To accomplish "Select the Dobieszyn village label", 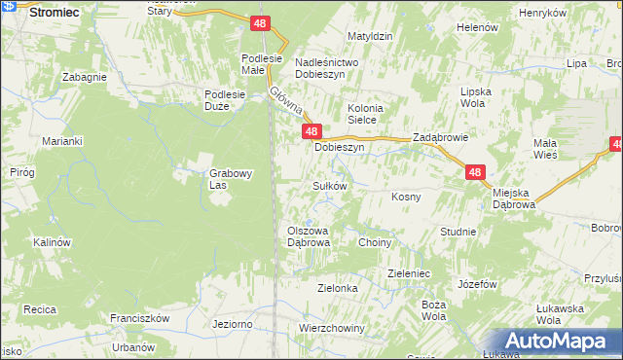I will [339, 148].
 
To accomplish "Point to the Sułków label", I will [329, 185].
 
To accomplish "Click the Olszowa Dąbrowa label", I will [309, 236].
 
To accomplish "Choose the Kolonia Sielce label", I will [368, 114].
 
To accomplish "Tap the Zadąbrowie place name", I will [441, 138].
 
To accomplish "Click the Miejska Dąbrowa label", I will [514, 198].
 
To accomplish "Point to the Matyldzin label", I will [370, 36].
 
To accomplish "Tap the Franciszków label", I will [140, 318].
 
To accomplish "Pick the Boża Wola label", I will [434, 310].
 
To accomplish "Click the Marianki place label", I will [61, 141].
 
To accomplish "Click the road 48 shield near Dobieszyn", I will [311, 130].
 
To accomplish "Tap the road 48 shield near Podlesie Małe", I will [259, 22].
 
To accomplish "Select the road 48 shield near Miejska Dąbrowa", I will [474, 172].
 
